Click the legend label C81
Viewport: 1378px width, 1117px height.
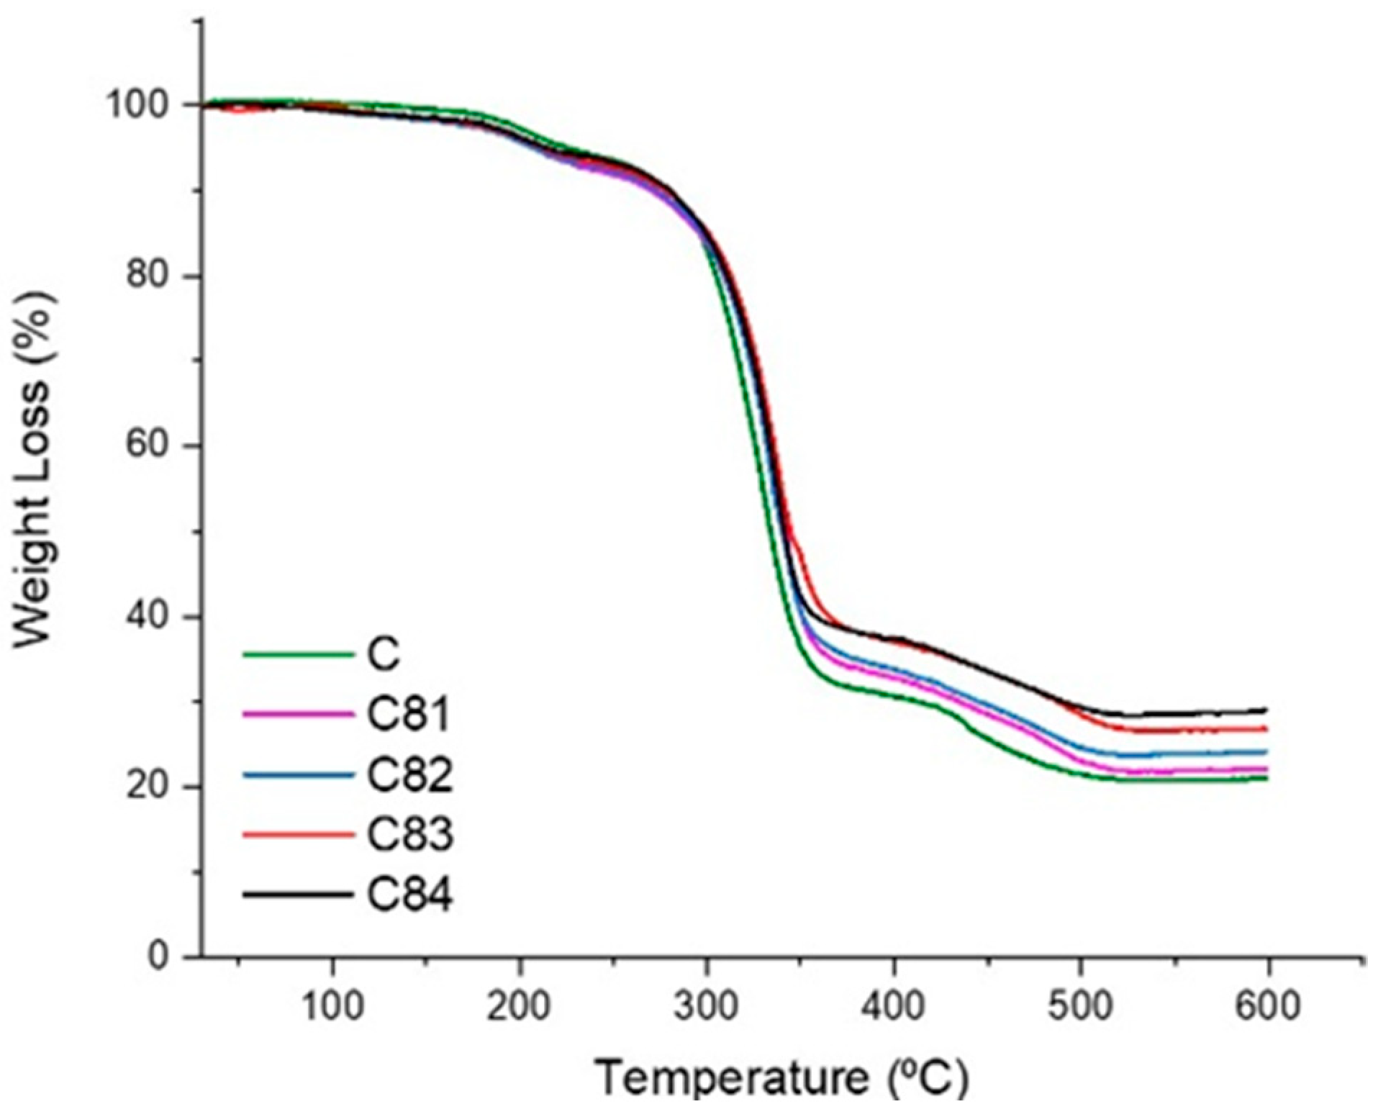pos(408,715)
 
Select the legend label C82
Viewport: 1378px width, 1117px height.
pos(409,775)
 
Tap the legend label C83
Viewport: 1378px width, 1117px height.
pos(409,835)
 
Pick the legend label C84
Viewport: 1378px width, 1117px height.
pos(409,895)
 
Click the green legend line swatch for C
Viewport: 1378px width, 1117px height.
pos(299,655)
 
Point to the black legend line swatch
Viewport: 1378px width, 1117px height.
pos(299,895)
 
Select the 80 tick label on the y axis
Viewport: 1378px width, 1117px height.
pos(150,276)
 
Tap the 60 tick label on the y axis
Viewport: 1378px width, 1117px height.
pos(150,446)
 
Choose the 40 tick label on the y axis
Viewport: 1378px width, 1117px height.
pos(150,617)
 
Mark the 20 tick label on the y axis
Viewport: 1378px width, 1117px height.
pos(150,787)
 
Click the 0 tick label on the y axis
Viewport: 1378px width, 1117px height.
pos(162,956)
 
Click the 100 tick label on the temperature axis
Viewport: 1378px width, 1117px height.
pos(332,1005)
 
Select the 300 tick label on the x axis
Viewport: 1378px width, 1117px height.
pos(706,1005)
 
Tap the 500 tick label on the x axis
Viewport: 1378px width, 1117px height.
pos(1080,1005)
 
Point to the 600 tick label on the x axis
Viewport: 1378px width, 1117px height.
pos(1267,1005)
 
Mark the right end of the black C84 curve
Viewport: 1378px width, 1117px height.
pos(1264,710)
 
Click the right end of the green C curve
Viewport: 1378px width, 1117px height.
pos(1264,778)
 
